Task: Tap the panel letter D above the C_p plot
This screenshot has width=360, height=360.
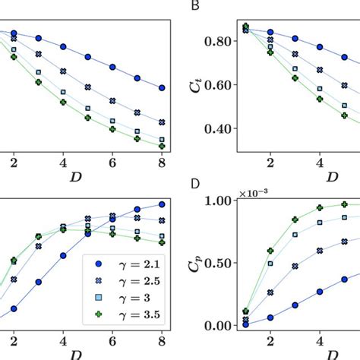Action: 196,185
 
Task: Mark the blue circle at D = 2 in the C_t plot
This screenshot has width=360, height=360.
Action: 270,33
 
